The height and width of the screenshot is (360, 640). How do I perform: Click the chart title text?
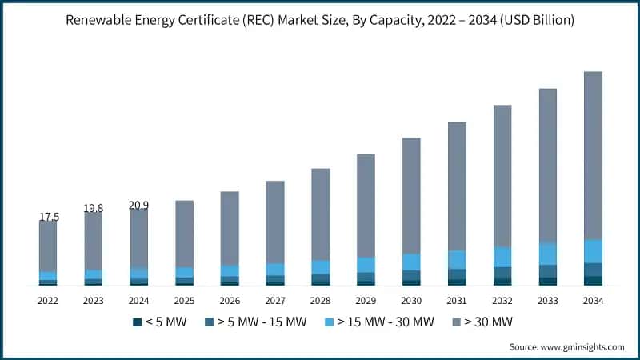[320, 19]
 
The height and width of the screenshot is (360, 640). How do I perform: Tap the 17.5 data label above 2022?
[48, 217]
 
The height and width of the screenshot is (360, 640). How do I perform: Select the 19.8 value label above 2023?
[94, 208]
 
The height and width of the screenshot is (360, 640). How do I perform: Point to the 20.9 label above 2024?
[138, 205]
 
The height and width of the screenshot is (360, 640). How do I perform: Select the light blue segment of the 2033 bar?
[547, 254]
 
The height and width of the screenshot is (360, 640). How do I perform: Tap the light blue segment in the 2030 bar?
[411, 262]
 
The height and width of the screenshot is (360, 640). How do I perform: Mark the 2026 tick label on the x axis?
[230, 301]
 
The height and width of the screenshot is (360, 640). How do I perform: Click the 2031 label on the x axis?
[457, 301]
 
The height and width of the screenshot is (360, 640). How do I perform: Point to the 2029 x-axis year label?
[366, 301]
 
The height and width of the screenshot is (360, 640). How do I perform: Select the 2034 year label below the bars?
[593, 301]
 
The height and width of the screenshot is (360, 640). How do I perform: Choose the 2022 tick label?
[48, 301]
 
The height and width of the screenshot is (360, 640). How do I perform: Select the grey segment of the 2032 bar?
[502, 176]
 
